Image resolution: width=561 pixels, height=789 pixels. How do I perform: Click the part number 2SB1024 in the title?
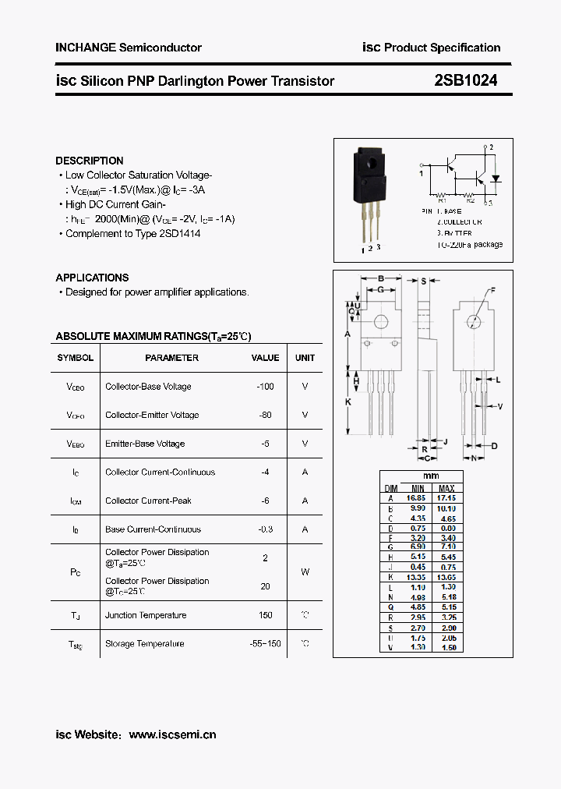466,80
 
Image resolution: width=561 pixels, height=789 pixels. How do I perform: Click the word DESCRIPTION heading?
90,161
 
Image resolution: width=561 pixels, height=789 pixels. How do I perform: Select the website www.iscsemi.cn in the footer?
172,734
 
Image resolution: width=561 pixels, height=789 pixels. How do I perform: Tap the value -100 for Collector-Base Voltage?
265,387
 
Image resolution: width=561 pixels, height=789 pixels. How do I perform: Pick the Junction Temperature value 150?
265,615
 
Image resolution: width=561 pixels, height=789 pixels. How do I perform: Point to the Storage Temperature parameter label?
145,644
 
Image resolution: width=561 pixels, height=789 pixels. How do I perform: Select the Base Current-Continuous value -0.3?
265,529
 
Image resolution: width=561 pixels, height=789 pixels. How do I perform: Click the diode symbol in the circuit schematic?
495,178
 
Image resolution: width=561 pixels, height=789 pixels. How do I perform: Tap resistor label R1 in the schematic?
441,200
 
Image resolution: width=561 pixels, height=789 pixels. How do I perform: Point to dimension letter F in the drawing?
492,291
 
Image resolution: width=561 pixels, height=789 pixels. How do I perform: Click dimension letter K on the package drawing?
348,402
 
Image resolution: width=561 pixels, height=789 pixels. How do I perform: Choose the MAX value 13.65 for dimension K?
446,578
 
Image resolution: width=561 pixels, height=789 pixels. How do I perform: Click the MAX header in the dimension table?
446,488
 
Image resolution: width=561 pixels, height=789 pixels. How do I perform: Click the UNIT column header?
305,358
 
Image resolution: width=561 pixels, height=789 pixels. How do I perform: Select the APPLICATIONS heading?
92,278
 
